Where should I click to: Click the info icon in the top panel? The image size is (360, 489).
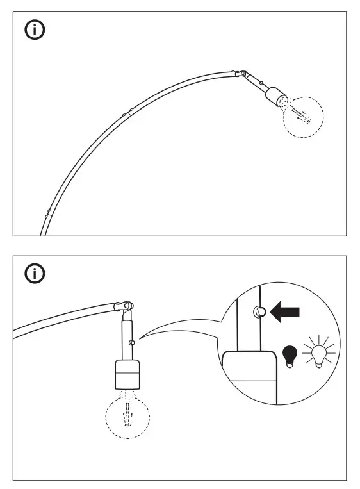pyautogui.click(x=35, y=31)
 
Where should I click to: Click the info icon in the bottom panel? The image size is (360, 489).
pyautogui.click(x=35, y=274)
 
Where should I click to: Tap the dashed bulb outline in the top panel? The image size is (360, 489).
pyautogui.click(x=303, y=117)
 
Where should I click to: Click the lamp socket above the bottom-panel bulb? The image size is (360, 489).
pyautogui.click(x=127, y=374)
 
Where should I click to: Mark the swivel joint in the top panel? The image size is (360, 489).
pyautogui.click(x=241, y=74)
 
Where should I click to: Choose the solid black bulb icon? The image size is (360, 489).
pyautogui.click(x=290, y=354)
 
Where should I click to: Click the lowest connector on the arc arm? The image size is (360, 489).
pyautogui.click(x=47, y=211)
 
